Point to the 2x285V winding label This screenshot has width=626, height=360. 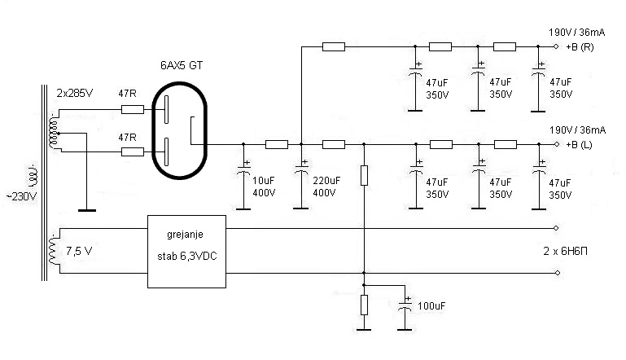pos(76,94)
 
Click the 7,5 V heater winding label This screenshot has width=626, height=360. pos(80,250)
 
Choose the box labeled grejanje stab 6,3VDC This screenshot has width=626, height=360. pos(186,252)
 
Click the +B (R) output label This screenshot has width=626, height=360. pos(584,47)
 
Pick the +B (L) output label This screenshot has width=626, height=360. pos(583,144)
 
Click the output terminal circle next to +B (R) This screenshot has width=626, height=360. pos(556,47)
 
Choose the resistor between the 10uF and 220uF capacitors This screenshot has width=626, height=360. pos(277,144)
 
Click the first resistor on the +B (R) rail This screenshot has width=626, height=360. pos(334,47)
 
